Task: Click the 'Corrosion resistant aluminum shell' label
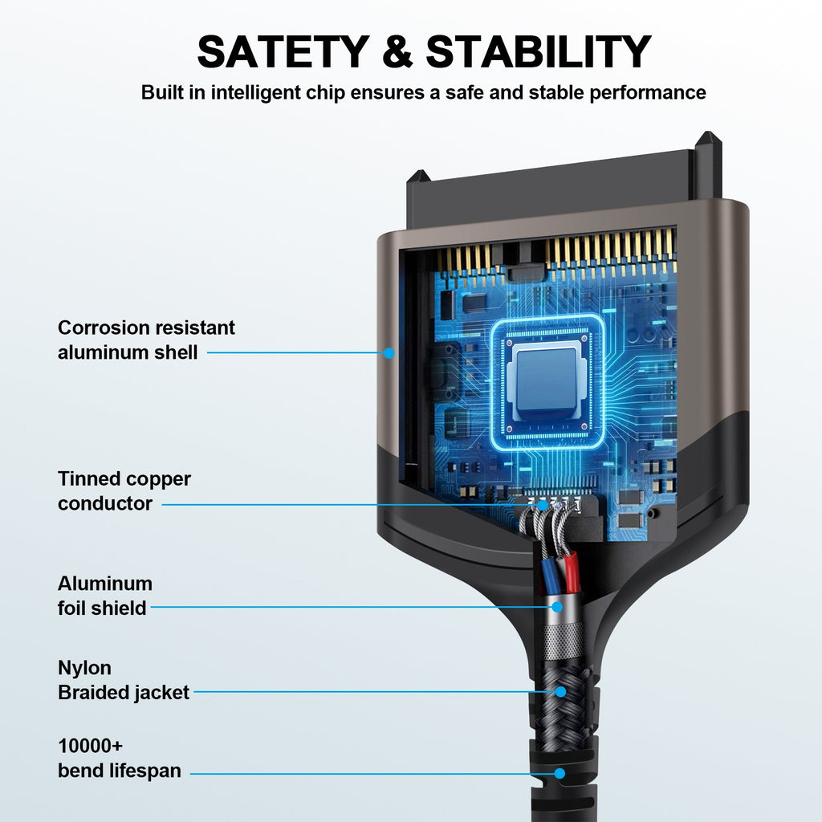tap(146, 340)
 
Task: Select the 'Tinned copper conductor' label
tap(124, 490)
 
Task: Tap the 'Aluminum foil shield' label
tap(104, 596)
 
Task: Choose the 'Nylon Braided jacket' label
tap(123, 680)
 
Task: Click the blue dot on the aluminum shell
tap(389, 352)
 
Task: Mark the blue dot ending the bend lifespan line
tap(560, 774)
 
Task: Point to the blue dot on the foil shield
tap(555, 607)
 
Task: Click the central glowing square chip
tap(547, 380)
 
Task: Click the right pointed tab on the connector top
tap(708, 153)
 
